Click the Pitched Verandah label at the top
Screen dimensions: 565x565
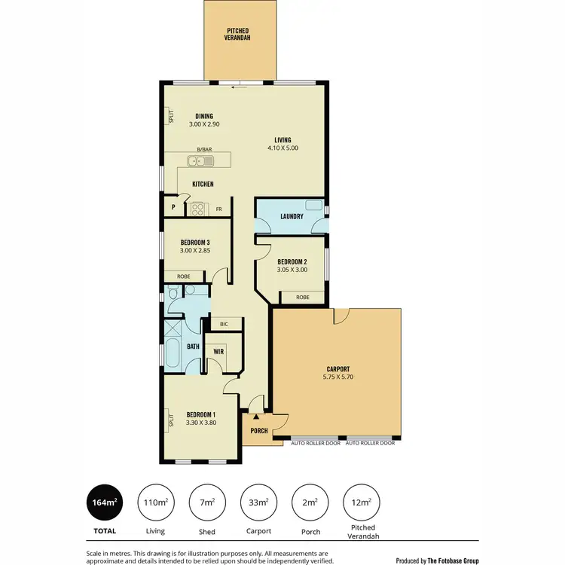click(x=238, y=33)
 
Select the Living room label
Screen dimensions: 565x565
click(x=282, y=139)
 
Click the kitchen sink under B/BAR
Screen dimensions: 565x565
click(x=201, y=160)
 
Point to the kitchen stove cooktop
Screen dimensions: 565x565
click(x=198, y=209)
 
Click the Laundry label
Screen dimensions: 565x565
click(x=291, y=217)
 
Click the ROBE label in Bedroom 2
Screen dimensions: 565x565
click(x=302, y=298)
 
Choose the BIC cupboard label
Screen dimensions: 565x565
click(x=224, y=324)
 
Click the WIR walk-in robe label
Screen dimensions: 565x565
click(x=219, y=352)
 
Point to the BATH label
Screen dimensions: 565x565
click(x=193, y=347)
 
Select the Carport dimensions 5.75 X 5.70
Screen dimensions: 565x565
click(x=337, y=378)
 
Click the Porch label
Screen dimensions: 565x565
click(x=259, y=431)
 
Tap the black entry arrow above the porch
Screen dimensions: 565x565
click(x=256, y=416)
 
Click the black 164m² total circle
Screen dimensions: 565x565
click(x=105, y=502)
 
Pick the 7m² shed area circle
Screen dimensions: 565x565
click(x=207, y=502)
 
